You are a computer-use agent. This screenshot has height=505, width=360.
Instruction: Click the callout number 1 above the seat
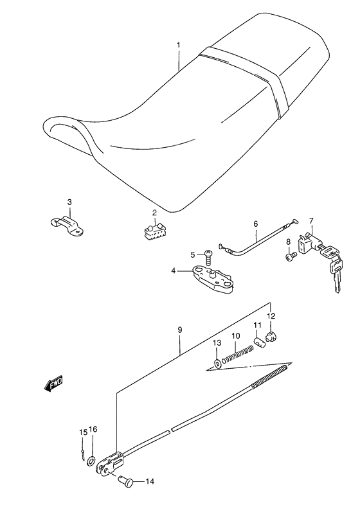tap(179, 44)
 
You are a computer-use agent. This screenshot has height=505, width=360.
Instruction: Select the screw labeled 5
tap(208, 255)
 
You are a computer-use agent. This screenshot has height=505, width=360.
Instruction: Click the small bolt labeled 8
tap(291, 256)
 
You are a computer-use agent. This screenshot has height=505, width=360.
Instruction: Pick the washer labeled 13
tap(217, 364)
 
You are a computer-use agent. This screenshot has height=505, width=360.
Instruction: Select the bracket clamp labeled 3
tap(67, 225)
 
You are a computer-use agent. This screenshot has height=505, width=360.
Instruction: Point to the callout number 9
tap(180, 330)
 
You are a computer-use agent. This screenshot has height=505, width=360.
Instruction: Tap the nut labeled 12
tap(271, 337)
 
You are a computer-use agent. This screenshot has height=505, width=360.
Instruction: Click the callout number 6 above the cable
tap(256, 224)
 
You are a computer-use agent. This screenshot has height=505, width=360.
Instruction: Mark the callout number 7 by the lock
tap(311, 220)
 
